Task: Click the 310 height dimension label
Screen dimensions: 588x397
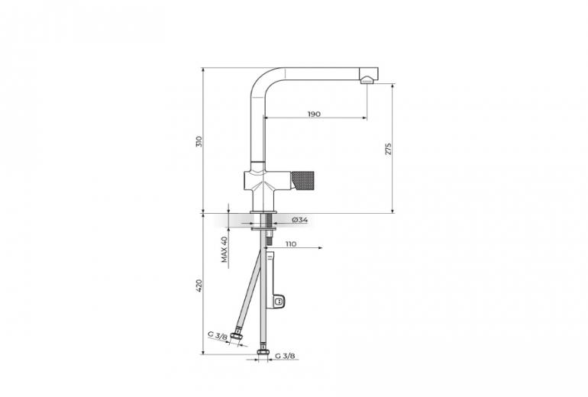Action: coord(199,141)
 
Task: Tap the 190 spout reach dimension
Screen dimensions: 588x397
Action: coord(315,114)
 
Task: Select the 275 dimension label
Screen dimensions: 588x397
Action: coord(388,149)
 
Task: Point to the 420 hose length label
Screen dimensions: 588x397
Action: coord(199,286)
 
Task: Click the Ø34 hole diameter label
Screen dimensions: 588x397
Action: coord(299,220)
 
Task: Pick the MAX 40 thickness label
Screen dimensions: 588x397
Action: coord(225,250)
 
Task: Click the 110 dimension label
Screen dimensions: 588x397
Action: coord(291,244)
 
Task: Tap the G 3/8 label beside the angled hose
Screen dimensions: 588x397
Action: coord(218,334)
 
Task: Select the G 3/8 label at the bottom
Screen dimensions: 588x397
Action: coord(285,356)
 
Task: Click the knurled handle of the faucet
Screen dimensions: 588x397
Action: coord(302,180)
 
